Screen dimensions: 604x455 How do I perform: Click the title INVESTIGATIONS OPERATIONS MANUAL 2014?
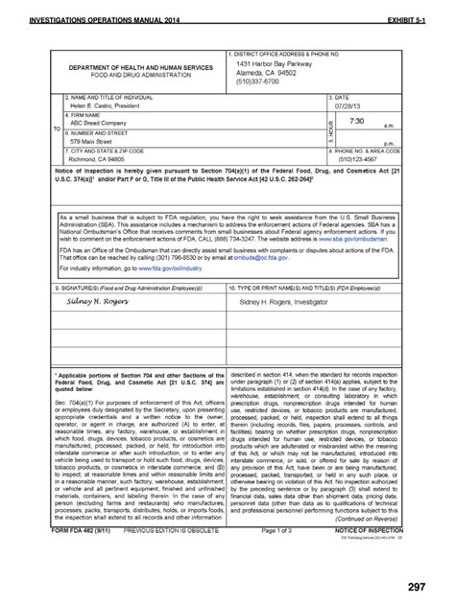pos(108,18)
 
